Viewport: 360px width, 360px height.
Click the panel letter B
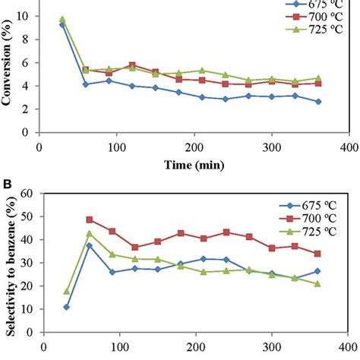[x=6, y=183]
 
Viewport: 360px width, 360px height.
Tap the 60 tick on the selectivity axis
[x=28, y=193]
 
